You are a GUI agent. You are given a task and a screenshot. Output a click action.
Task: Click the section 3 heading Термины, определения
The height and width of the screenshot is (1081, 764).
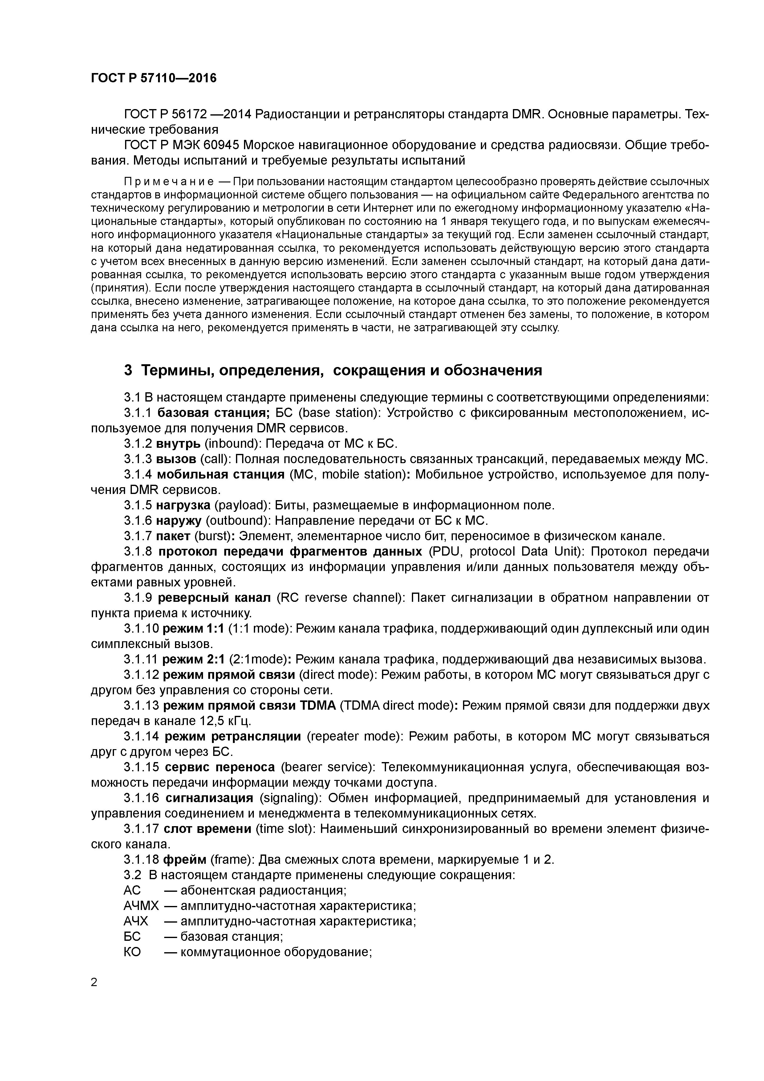pos(332,370)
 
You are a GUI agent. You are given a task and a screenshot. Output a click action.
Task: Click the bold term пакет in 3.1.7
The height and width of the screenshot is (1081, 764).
pos(173,536)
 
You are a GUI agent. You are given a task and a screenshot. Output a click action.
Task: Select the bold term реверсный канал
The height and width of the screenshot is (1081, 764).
pos(214,598)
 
